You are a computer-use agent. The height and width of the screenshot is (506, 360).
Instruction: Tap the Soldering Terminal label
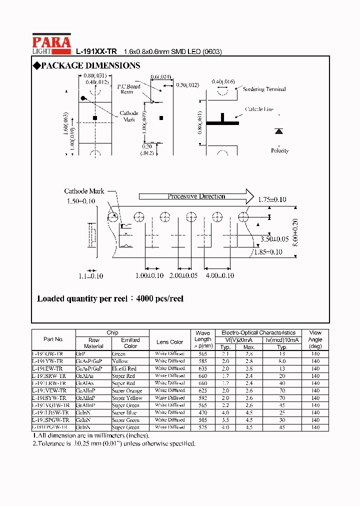264,89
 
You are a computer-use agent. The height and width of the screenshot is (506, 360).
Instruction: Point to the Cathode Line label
259,109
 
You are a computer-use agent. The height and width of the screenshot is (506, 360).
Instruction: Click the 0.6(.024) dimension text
161,77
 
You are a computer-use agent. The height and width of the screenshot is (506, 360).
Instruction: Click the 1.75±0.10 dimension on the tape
272,199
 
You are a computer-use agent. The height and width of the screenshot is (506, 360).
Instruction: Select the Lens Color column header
169,342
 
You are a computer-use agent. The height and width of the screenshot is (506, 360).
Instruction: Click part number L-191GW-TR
47,353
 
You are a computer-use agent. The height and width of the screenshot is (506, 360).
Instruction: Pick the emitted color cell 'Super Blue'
125,412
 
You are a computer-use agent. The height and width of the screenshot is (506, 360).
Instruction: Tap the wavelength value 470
203,412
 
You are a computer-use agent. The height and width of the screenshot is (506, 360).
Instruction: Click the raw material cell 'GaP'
81,353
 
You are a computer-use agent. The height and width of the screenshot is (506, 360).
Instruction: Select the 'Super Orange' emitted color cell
127,390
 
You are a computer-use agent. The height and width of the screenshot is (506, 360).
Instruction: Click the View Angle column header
315,339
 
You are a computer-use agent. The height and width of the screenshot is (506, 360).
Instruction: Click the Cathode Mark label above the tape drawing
84,191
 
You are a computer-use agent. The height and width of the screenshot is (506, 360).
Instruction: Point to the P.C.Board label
128,86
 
